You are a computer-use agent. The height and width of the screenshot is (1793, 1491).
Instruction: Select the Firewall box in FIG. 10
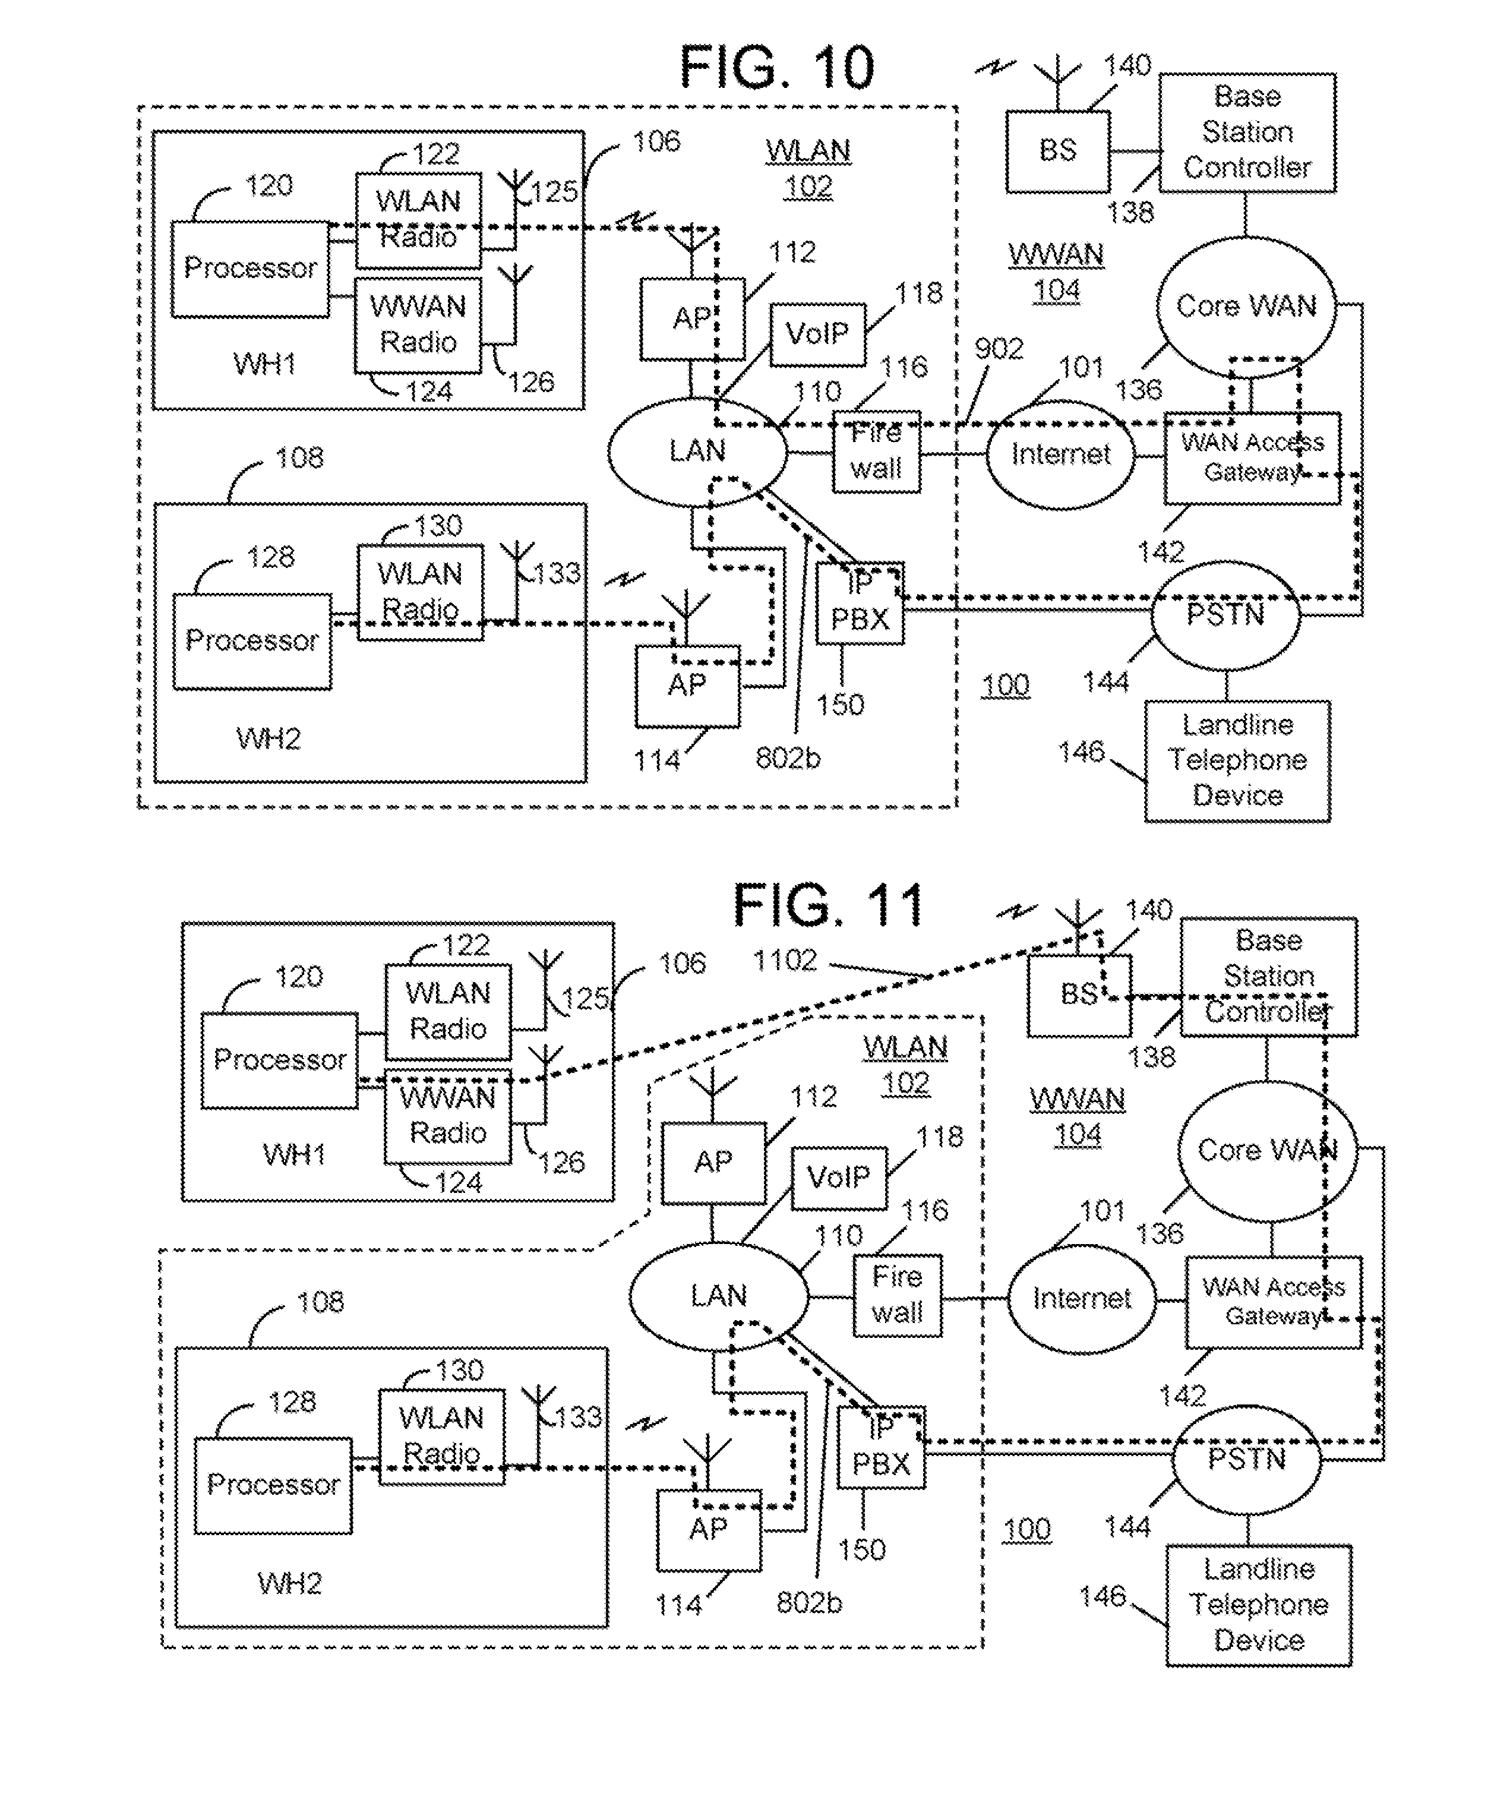tap(877, 452)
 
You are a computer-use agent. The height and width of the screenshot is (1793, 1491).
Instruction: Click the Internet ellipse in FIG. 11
tap(1081, 1299)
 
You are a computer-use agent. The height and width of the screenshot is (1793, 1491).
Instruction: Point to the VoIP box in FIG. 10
tap(817, 334)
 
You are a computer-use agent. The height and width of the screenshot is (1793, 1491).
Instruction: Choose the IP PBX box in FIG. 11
tap(882, 1447)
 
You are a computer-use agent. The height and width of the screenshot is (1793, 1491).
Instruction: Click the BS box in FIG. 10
tap(1057, 151)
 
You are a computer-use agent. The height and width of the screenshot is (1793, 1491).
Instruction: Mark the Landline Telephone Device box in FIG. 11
tap(1259, 1604)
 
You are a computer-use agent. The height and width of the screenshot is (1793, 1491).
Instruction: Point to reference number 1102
tap(785, 961)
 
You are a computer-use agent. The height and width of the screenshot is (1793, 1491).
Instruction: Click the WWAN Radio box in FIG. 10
tap(418, 324)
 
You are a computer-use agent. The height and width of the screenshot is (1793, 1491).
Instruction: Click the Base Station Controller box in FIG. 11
tap(1268, 976)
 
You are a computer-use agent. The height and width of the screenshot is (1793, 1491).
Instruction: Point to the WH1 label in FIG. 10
tap(264, 365)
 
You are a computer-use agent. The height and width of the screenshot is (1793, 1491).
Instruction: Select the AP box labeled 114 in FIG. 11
tap(709, 1529)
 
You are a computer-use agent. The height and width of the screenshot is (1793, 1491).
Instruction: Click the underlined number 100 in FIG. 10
tap(1005, 686)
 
